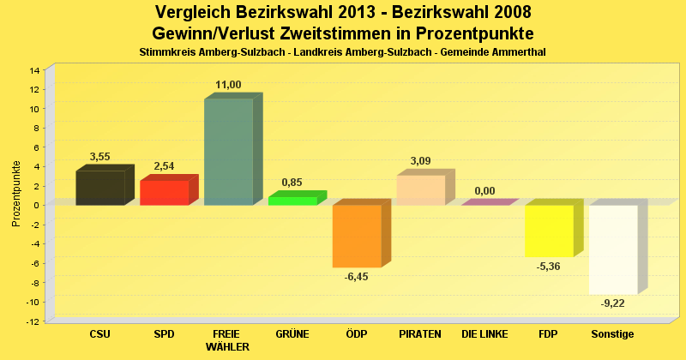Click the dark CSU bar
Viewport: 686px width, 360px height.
[x=100, y=188]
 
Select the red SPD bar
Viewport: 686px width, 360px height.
[x=164, y=193]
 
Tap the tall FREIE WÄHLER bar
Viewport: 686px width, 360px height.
[x=228, y=152]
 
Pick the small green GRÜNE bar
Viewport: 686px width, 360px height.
[x=292, y=201]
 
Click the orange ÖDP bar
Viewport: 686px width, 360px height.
[x=357, y=236]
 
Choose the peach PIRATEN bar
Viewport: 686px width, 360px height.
[x=420, y=190]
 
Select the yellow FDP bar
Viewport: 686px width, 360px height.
[x=549, y=231]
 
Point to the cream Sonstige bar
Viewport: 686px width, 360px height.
[x=613, y=249]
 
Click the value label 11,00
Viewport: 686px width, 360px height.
[x=228, y=84]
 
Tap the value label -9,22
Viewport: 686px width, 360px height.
[x=612, y=303]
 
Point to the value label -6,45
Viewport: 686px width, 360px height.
[x=356, y=277]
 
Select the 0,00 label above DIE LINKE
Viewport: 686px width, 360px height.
[x=484, y=191]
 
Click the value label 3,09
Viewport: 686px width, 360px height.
[x=420, y=160]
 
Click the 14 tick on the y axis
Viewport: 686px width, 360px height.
[x=35, y=70]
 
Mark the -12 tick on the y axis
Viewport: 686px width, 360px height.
[x=33, y=321]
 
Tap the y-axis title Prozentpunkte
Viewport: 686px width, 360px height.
[x=16, y=193]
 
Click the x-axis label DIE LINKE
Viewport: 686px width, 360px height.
[x=484, y=333]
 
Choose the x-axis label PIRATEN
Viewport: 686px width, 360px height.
[x=420, y=333]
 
